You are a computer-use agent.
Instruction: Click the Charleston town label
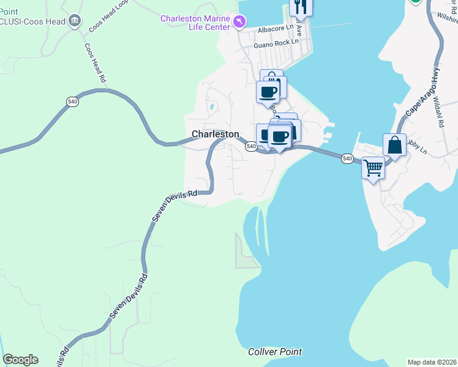(x=215, y=134)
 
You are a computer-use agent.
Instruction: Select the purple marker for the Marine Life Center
(x=239, y=22)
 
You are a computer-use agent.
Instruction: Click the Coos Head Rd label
(x=96, y=61)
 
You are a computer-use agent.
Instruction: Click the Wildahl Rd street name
(x=438, y=110)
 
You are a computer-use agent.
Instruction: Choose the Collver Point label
(x=275, y=352)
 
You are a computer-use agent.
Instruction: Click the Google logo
(x=20, y=360)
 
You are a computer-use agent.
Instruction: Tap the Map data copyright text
(x=432, y=362)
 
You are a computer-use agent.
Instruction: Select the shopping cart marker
(x=373, y=166)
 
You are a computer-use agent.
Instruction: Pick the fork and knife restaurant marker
(x=301, y=6)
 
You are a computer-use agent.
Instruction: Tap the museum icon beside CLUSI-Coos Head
(x=75, y=21)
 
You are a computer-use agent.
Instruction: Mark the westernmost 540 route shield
(x=72, y=102)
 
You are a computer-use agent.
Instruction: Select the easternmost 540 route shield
(x=347, y=158)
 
